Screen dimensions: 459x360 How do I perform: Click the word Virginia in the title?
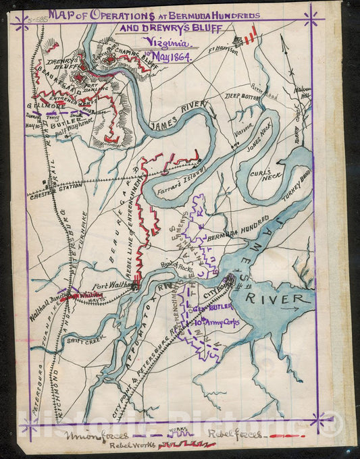point(166,42)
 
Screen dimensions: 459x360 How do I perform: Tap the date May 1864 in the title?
point(171,57)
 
